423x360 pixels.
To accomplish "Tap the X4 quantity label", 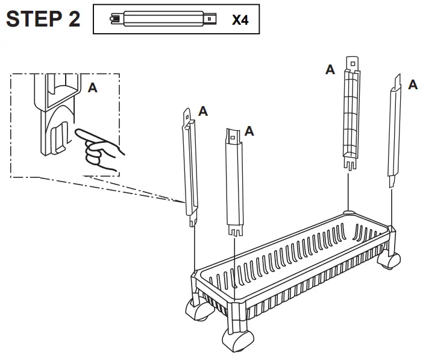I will [240, 20].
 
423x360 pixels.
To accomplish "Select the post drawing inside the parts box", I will [163, 19].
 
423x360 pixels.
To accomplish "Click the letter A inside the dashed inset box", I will [92, 88].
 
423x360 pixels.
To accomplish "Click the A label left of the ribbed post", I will [330, 71].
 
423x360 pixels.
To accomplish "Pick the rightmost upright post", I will [395, 130].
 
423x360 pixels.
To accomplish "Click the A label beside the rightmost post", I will [413, 85].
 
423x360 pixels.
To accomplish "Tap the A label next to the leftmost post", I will [204, 111].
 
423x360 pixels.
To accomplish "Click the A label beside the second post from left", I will [249, 131].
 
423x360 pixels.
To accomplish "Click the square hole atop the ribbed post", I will [352, 62].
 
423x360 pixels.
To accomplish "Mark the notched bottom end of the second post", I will [234, 231].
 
